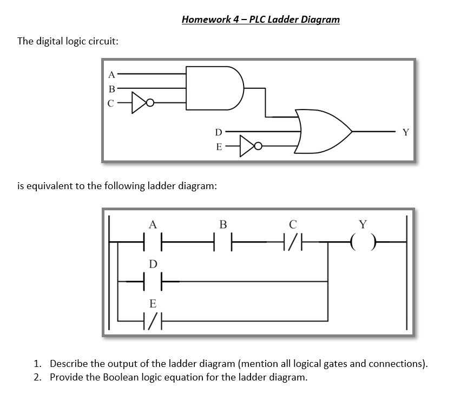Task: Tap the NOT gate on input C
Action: [x=142, y=102]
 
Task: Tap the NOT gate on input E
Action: [x=249, y=145]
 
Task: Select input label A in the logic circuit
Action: [x=112, y=73]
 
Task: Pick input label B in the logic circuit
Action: [x=112, y=88]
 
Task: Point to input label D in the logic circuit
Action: [x=218, y=132]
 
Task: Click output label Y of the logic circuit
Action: [x=406, y=132]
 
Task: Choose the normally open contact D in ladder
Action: [x=153, y=281]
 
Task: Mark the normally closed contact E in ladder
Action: [x=153, y=320]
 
